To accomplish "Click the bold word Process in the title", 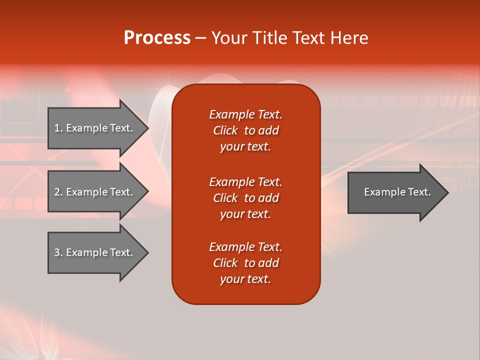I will (x=157, y=38).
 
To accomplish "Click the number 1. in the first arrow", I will (x=58, y=128).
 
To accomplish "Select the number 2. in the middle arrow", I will (x=58, y=192).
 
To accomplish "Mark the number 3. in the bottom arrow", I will (x=58, y=252).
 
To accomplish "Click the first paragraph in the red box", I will (x=245, y=130).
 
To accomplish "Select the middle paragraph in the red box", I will (x=245, y=197).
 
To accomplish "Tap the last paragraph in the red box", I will (x=245, y=263).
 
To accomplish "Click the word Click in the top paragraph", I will (x=225, y=130).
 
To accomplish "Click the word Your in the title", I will (x=228, y=38).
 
